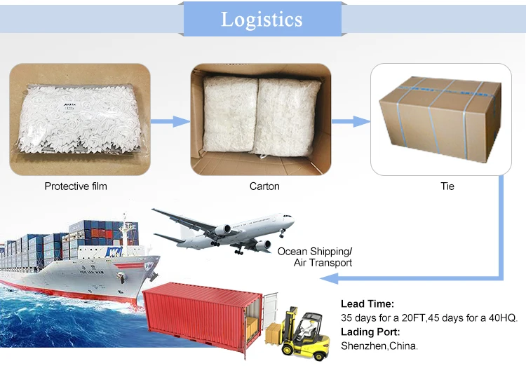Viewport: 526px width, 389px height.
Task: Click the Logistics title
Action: pos(262,19)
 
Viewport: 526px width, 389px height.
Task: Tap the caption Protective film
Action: pos(76,186)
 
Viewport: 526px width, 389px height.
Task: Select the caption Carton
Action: pos(264,186)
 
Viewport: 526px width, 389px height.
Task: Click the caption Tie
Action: pos(447,186)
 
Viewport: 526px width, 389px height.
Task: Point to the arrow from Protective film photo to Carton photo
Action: pos(170,121)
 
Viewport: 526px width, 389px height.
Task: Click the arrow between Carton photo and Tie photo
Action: pos(350,121)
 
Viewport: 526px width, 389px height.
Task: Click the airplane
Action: pos(224,230)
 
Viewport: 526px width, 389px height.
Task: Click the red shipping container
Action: pos(200,315)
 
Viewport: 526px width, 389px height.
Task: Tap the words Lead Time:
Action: pos(367,304)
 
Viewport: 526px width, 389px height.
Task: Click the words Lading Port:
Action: pos(370,332)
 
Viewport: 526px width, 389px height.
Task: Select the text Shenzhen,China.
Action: pos(379,346)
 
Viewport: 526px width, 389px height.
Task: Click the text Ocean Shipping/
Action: pos(315,251)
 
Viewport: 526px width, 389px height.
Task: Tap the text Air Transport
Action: pos(323,263)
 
